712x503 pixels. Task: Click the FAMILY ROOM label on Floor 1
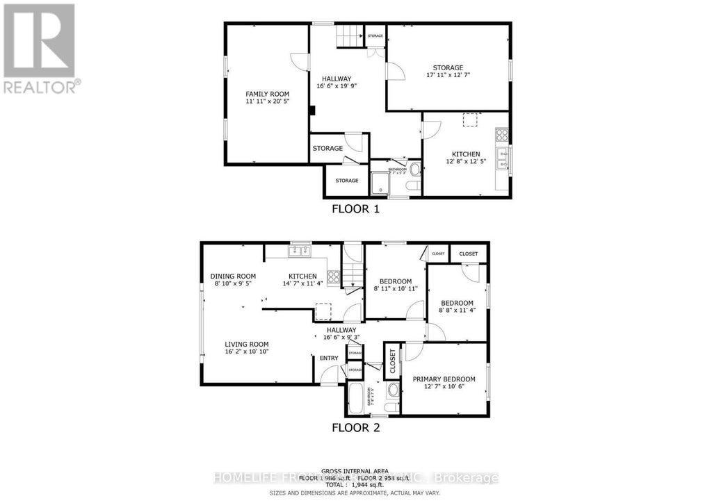pyautogui.click(x=267, y=94)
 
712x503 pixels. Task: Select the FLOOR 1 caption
pyautogui.click(x=355, y=208)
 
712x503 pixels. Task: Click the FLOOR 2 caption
pyautogui.click(x=355, y=427)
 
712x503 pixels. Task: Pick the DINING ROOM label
pyautogui.click(x=233, y=277)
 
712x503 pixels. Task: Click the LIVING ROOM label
pyautogui.click(x=246, y=344)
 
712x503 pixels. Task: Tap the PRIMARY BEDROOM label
pyautogui.click(x=444, y=379)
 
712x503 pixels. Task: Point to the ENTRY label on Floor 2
pyautogui.click(x=328, y=358)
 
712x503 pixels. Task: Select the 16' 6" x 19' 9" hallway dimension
pyautogui.click(x=336, y=86)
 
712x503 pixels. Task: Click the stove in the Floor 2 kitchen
pyautogui.click(x=333, y=277)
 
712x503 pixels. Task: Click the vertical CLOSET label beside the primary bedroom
pyautogui.click(x=392, y=362)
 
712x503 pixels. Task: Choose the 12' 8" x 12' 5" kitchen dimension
pyautogui.click(x=466, y=161)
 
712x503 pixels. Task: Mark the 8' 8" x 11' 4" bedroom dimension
pyautogui.click(x=457, y=311)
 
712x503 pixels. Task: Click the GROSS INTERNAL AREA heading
pyautogui.click(x=355, y=470)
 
